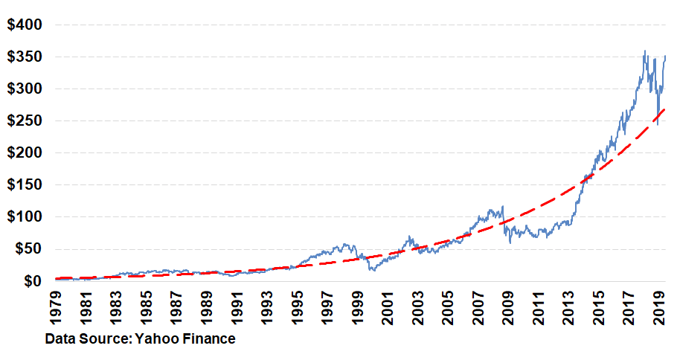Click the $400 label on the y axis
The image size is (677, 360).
point(25,25)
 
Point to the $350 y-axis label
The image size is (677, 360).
point(25,57)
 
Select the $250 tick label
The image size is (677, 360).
point(25,121)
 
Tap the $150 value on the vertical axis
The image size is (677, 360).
point(25,185)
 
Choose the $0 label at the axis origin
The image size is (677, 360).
point(32,281)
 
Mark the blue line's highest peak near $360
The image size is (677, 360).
point(644,51)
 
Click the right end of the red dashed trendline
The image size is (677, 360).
point(664,109)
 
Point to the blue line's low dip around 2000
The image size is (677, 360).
point(372,270)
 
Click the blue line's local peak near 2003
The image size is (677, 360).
point(409,237)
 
